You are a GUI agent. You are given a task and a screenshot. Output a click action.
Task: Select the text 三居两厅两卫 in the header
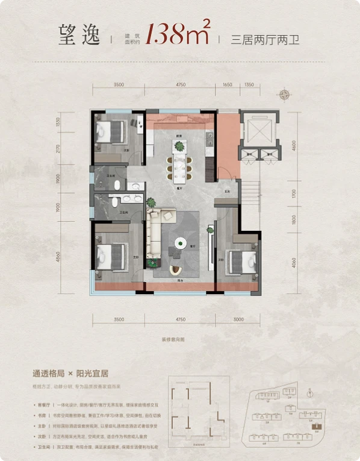(265, 40)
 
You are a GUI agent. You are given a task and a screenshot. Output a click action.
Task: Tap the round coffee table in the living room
(180, 244)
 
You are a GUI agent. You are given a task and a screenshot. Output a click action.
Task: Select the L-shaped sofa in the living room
(158, 235)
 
